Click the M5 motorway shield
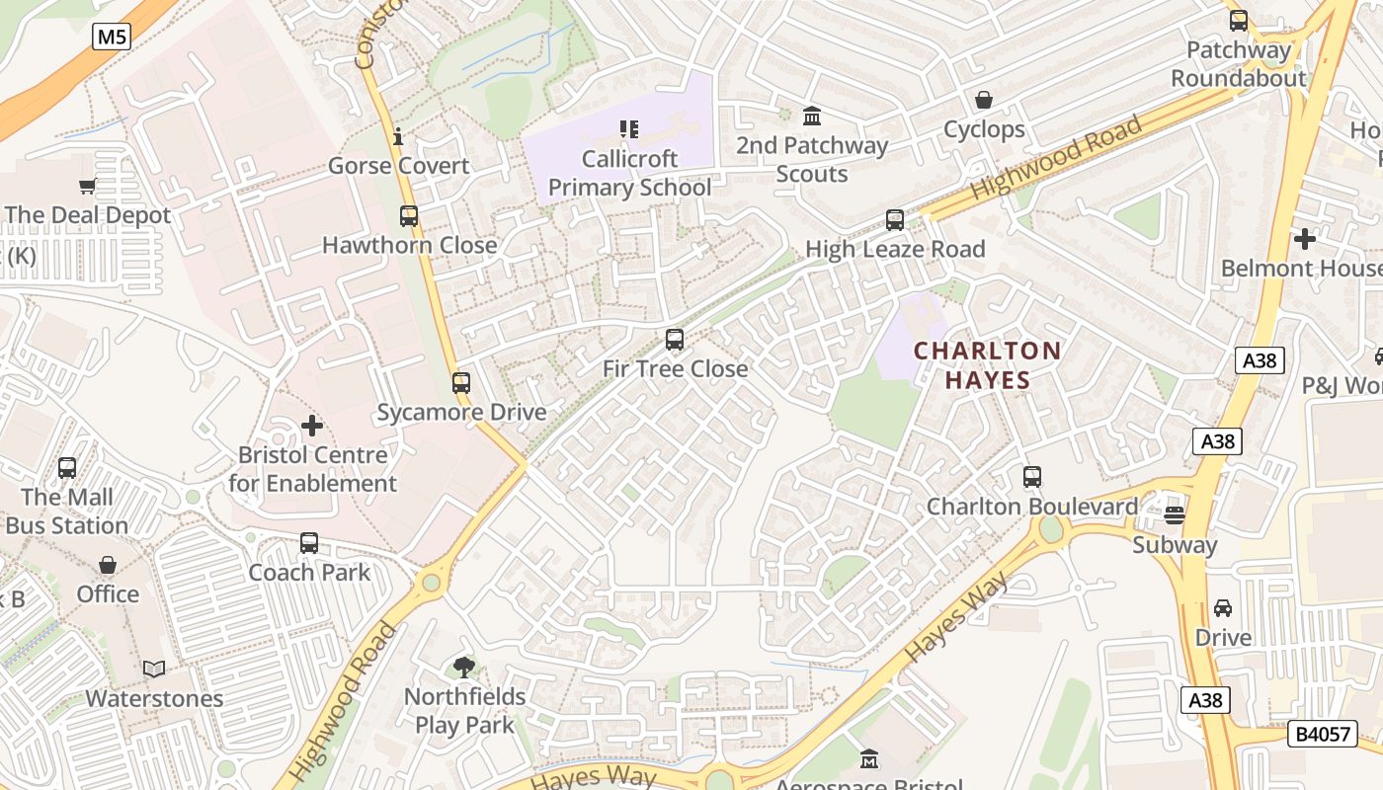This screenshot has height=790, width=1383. point(112,38)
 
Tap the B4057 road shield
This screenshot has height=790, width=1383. point(1322,733)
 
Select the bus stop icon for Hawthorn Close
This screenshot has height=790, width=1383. point(409,216)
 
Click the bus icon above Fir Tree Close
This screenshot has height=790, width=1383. point(675,340)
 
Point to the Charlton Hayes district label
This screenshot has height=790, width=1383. point(987,365)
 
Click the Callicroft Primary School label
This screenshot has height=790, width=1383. point(629,173)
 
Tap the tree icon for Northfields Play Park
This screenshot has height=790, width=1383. point(463,668)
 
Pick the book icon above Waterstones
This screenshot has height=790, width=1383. point(154,670)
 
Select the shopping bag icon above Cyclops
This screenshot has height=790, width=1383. point(984,101)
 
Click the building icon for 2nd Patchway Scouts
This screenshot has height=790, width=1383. point(812,117)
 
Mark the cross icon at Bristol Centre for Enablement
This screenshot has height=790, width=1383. point(312,427)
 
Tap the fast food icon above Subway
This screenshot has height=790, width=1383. point(1175,514)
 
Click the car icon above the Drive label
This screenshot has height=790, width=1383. point(1223,608)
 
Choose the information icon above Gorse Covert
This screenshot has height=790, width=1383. point(398,136)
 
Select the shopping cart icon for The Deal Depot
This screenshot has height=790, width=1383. point(88,186)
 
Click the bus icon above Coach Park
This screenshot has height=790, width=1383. point(309,543)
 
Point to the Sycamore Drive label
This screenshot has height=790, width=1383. point(461,412)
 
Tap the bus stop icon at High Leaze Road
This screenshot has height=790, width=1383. point(895,220)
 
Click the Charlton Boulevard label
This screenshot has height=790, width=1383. point(1032,507)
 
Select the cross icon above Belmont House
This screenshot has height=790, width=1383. point(1305,239)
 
